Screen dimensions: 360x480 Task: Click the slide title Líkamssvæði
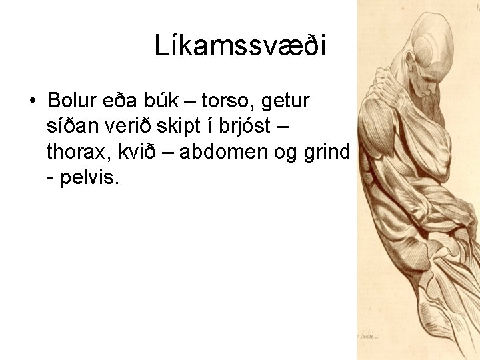click(x=240, y=46)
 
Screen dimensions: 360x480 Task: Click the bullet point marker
click(x=32, y=102)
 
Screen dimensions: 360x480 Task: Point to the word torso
click(x=223, y=101)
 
